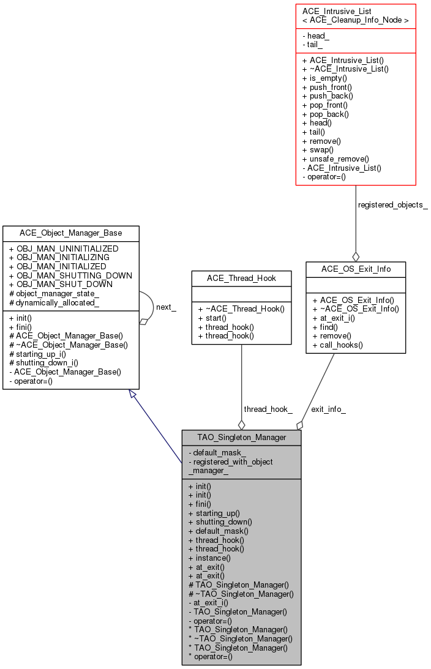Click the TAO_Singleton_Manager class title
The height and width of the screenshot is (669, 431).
pos(242,438)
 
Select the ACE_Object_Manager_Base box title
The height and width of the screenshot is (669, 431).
pos(70,233)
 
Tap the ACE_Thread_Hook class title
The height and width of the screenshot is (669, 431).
pos(241,278)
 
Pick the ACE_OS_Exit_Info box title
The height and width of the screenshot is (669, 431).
pos(356,269)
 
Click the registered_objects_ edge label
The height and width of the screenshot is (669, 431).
pos(392,205)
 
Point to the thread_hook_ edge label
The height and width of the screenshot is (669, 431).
pos(268,409)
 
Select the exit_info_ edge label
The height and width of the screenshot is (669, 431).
pos(328,409)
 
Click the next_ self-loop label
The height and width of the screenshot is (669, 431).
pos(166,307)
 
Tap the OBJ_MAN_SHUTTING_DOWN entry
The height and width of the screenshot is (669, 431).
pos(74,275)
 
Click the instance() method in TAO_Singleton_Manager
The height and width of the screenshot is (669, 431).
pos(212,558)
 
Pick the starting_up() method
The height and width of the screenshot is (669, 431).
pos(217,513)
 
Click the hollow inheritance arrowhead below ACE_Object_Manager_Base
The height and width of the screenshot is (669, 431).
pos(133,395)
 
